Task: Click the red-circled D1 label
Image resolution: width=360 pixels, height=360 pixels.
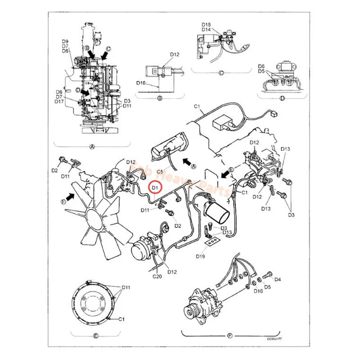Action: click(155, 186)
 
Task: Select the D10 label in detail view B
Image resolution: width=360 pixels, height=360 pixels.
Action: click(141, 83)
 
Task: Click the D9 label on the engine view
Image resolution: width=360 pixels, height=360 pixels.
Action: click(65, 41)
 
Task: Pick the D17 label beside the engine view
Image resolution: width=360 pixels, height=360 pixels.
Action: click(59, 102)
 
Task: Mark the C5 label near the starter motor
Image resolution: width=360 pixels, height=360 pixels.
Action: click(160, 171)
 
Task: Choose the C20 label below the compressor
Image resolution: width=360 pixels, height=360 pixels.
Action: click(157, 276)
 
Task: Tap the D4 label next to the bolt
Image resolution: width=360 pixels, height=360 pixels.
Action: click(278, 279)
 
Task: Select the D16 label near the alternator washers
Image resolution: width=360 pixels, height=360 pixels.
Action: click(258, 291)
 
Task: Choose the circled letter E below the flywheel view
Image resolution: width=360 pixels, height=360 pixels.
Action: click(95, 335)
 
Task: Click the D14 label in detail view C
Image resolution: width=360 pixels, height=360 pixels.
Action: click(206, 29)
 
